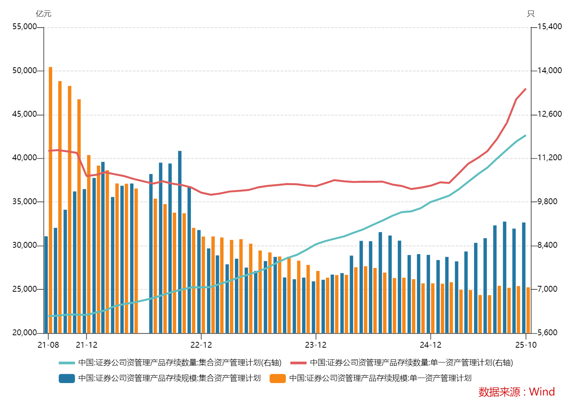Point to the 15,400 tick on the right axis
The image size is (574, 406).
[549, 27]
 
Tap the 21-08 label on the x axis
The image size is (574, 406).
[48, 345]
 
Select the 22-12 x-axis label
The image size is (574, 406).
[201, 345]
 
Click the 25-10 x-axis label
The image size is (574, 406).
[526, 345]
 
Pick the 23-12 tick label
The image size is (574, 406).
[315, 345]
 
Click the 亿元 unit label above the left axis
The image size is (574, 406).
[44, 14]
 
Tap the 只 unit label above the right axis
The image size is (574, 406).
[530, 14]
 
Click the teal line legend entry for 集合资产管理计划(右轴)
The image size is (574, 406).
[66, 363]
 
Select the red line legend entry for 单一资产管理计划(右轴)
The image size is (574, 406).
[298, 363]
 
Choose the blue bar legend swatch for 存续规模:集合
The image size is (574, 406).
[66, 378]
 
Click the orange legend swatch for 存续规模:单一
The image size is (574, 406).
[278, 378]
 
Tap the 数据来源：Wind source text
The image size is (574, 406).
[516, 392]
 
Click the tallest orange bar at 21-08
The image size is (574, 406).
[51, 194]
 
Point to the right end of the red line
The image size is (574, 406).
[526, 89]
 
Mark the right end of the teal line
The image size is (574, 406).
[526, 135]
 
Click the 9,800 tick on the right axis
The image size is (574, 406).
[547, 201]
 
